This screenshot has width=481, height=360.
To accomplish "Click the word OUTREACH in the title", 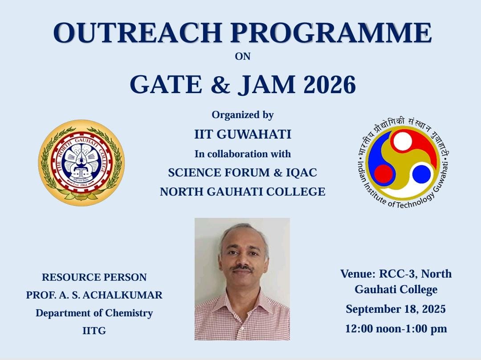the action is tap(138, 33).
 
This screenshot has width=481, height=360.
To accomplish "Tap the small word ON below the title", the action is tap(243, 57).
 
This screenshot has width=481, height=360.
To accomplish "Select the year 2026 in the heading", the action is tap(330, 84).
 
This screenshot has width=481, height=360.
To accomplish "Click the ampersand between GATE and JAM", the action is tap(220, 84).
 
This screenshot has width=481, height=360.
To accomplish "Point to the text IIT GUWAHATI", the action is tap(243, 135).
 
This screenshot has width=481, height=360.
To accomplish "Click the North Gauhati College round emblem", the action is tap(82, 163).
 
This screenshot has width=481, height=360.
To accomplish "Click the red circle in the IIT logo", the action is tap(383, 174).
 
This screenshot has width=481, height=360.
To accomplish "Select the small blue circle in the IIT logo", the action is tap(421, 174).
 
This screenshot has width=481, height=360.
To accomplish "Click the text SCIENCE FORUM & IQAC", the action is tap(243, 173).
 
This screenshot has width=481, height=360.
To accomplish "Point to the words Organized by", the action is tap(243, 115).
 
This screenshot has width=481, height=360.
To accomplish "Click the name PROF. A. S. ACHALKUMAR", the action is tap(94, 295).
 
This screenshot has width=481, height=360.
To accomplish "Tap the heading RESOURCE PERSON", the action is tap(94, 278).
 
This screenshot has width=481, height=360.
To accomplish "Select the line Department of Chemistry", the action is tap(94, 313).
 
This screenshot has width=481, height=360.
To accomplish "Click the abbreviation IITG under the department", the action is tap(94, 331).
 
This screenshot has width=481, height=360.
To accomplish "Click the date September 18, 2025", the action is tap(396, 309).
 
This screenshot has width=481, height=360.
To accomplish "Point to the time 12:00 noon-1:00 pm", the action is tap(396, 329).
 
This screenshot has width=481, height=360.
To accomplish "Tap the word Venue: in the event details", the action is tap(358, 274).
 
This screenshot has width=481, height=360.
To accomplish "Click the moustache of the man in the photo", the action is tap(242, 268).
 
